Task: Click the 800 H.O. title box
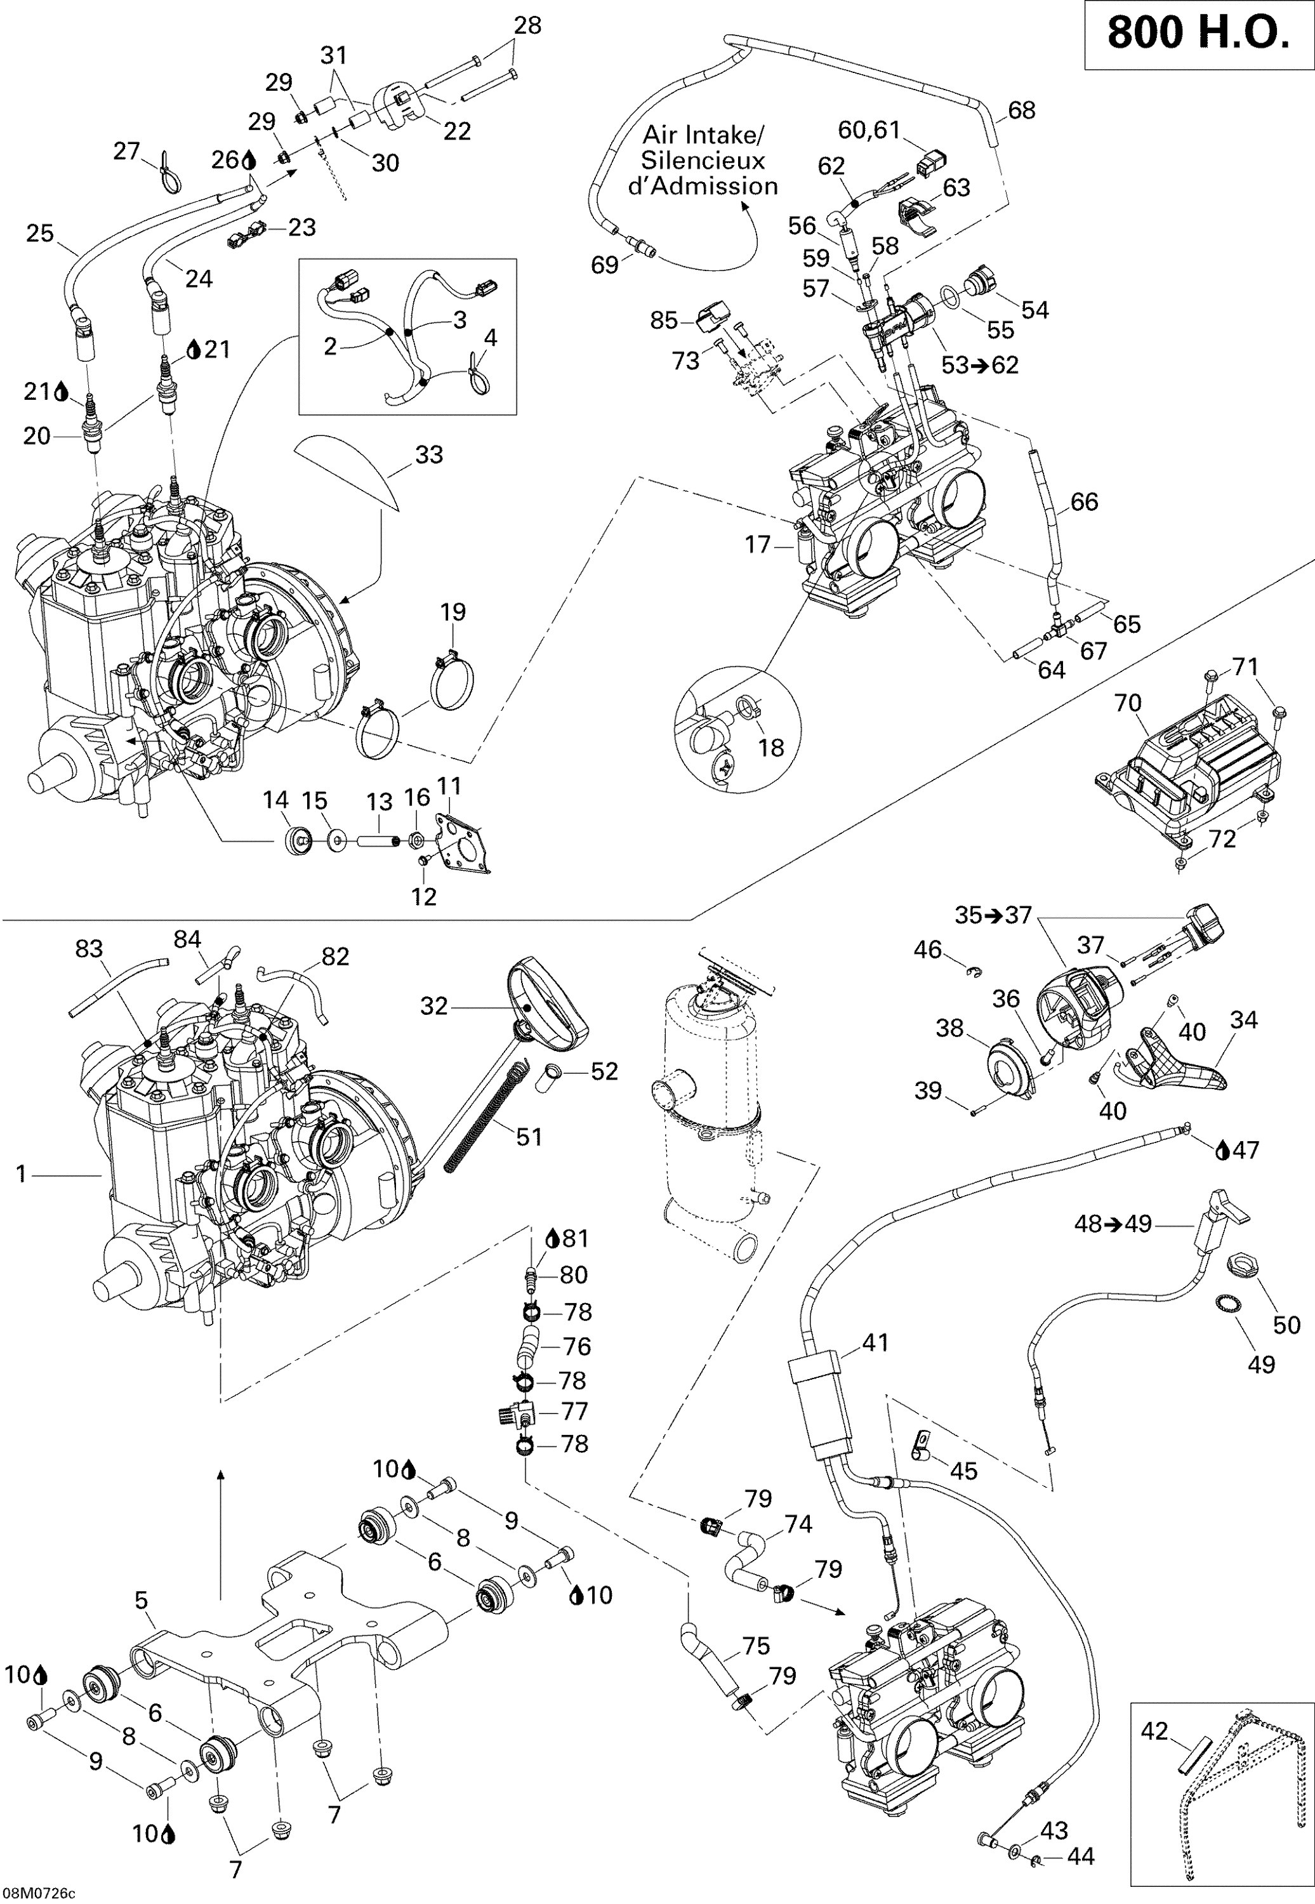pos(1197,35)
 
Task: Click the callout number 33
pos(428,455)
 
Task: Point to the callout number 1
pos(22,1174)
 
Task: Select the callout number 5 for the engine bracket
pos(141,1601)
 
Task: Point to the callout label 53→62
pos(980,365)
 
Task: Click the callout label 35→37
pos(993,915)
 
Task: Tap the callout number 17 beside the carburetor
pos(757,545)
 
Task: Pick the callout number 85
pos(663,321)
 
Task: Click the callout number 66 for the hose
pos(1083,502)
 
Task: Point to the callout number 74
pos(798,1524)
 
